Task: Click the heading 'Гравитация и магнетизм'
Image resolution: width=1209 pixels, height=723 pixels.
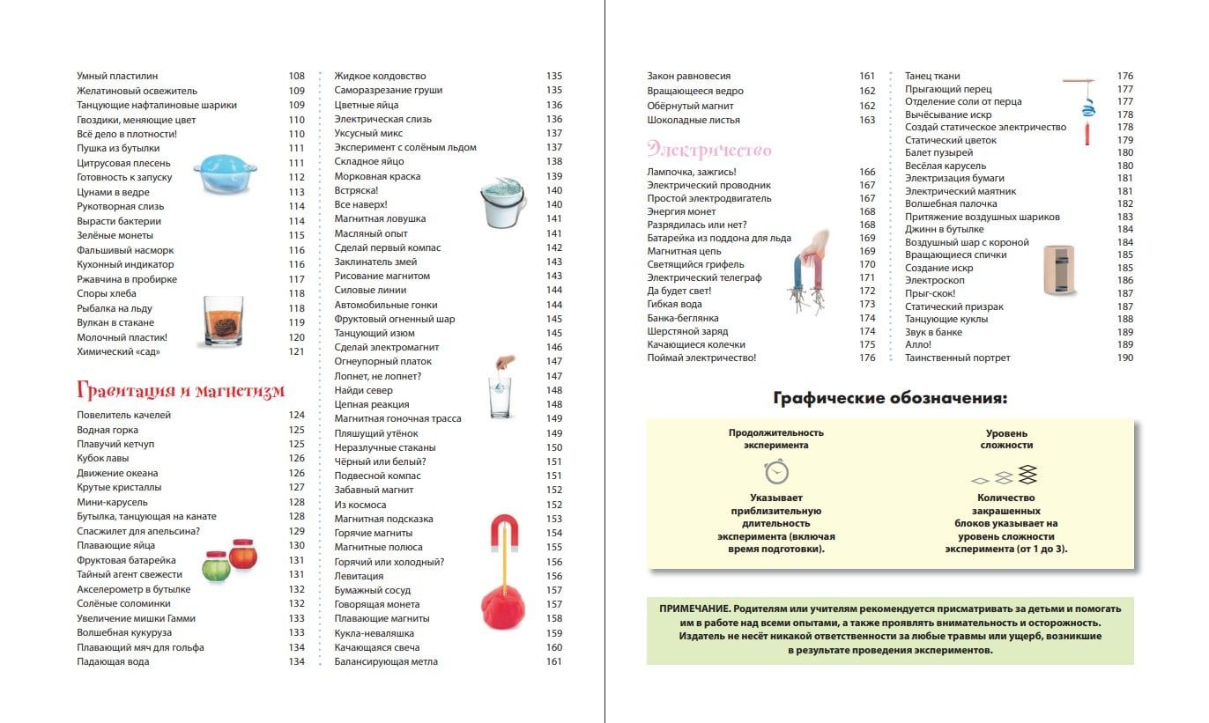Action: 181,390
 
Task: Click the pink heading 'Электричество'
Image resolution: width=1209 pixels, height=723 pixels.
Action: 708,148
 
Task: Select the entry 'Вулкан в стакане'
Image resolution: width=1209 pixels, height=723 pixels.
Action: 115,322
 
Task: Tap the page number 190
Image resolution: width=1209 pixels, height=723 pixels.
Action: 1125,358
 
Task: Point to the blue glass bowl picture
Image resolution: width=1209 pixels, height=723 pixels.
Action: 217,173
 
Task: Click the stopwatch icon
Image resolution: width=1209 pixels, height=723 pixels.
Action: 775,472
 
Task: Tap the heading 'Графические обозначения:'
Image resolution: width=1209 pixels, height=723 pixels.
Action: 890,398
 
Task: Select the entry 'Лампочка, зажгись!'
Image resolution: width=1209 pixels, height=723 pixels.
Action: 691,172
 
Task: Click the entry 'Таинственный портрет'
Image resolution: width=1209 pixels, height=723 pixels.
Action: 946,358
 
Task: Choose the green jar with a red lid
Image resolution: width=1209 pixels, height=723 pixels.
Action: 217,565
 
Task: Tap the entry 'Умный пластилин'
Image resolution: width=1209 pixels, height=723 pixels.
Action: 117,76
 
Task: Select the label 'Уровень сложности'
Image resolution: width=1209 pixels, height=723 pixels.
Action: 1006,439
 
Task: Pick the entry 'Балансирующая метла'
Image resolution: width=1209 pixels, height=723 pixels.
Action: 386,661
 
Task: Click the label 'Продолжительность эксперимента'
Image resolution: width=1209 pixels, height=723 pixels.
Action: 775,439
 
